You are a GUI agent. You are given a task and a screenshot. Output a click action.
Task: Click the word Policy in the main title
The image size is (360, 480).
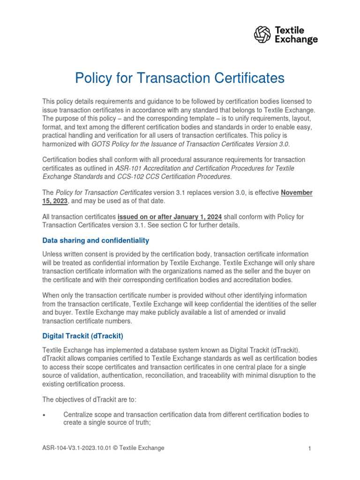[96, 78]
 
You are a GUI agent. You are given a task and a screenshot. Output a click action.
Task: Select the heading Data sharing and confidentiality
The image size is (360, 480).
[96, 240]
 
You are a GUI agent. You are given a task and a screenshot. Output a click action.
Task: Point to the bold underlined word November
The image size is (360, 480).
[296, 193]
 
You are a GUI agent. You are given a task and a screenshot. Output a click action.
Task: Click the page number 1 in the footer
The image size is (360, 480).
[310, 449]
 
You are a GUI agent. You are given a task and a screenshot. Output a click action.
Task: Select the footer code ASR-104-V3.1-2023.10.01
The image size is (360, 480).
[80, 448]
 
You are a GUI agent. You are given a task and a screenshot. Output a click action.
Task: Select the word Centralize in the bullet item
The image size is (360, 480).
[79, 415]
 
